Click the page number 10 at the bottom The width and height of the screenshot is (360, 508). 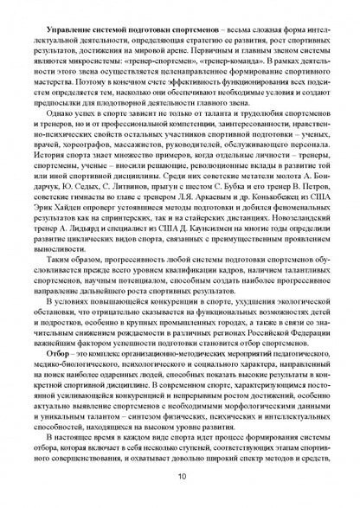[180, 475]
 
